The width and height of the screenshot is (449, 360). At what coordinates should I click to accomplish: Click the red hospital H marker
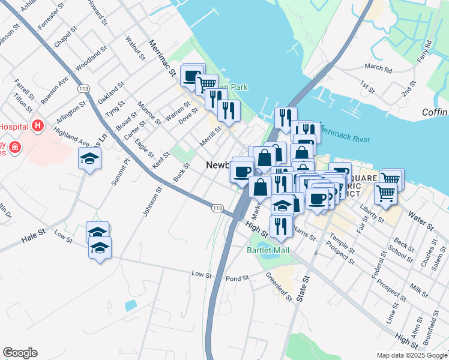click(38, 125)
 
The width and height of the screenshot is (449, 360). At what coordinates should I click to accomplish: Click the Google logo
click(20, 353)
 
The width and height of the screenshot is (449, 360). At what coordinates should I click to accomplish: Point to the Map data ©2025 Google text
click(411, 355)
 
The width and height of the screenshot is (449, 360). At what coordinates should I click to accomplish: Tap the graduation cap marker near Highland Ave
click(90, 159)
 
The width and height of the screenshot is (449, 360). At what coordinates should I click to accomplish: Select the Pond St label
click(237, 279)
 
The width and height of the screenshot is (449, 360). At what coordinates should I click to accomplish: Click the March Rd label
click(378, 68)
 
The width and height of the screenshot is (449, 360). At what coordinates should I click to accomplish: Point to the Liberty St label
click(372, 212)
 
